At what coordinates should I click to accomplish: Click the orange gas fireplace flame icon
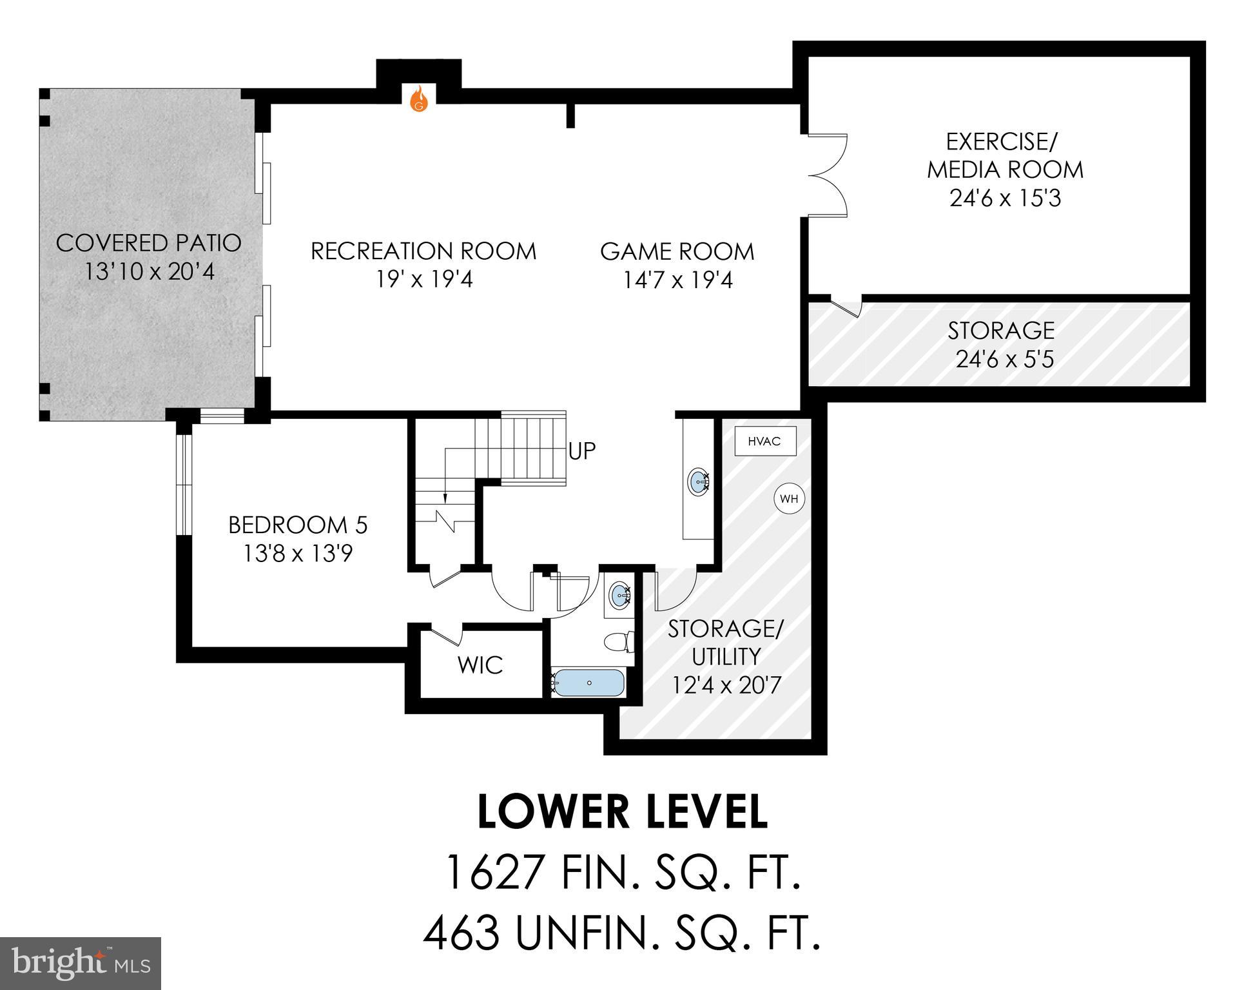pos(420,99)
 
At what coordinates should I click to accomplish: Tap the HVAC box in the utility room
pos(765,442)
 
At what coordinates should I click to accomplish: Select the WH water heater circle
pos(790,499)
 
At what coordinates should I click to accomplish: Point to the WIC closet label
pos(480,665)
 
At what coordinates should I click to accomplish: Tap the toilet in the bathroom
pos(618,642)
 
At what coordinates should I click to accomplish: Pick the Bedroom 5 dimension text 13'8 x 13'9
pos(298,554)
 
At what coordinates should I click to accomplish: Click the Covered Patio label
pos(149,243)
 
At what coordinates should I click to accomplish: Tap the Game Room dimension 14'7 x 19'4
pos(677,280)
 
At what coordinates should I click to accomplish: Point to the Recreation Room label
pos(423,251)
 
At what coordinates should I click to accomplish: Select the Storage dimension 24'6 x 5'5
pos(1004,359)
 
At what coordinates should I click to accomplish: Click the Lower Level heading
pos(622,812)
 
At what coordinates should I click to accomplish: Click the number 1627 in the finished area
pos(494,873)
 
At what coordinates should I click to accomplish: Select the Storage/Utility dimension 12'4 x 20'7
pos(726,684)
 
